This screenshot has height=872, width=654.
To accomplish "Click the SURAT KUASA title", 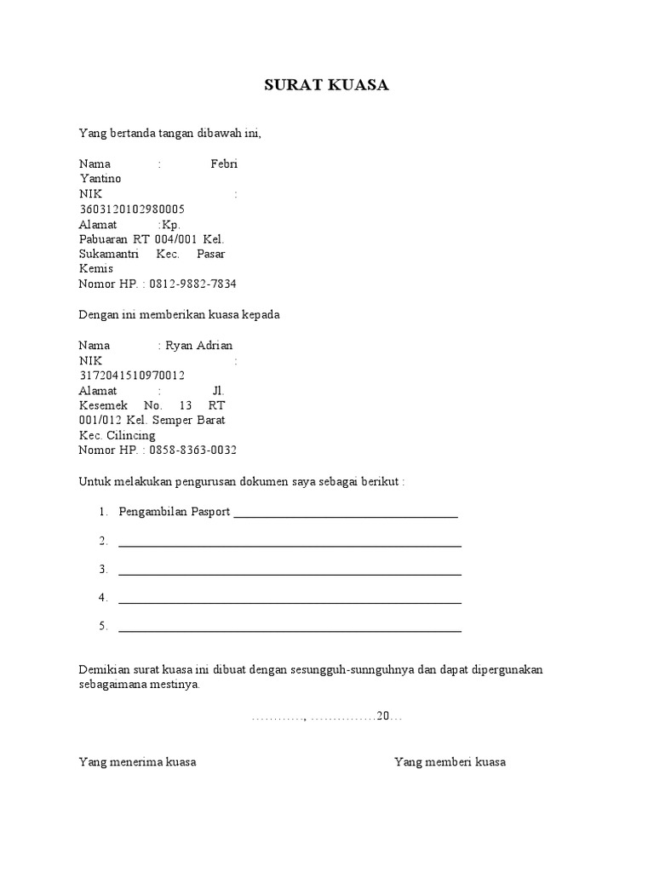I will [x=326, y=85].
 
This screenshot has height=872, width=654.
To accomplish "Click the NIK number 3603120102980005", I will [x=132, y=209].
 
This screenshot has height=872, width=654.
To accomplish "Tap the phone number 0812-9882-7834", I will [x=192, y=284].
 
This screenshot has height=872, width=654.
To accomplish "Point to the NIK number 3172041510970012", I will [x=132, y=376].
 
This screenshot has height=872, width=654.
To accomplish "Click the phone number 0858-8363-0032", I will [x=192, y=450].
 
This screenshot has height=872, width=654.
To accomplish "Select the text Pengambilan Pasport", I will [x=175, y=512].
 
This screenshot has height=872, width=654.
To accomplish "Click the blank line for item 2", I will [x=290, y=542].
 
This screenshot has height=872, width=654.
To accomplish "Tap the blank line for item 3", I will [x=290, y=571].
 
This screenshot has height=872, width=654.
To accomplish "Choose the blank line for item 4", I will [x=290, y=599].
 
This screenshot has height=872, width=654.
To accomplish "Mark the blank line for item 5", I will [x=290, y=628].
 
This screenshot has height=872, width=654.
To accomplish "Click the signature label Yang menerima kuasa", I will [x=137, y=762].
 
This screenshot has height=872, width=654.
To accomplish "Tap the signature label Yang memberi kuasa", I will [x=450, y=762].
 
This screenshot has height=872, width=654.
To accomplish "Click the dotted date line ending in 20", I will [x=327, y=717].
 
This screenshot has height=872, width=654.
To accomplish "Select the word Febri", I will [x=224, y=163].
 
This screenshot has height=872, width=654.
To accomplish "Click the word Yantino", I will [x=100, y=179].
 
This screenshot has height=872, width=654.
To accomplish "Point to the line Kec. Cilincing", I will [x=117, y=436].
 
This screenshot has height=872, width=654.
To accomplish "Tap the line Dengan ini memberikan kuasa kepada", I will [x=179, y=315].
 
